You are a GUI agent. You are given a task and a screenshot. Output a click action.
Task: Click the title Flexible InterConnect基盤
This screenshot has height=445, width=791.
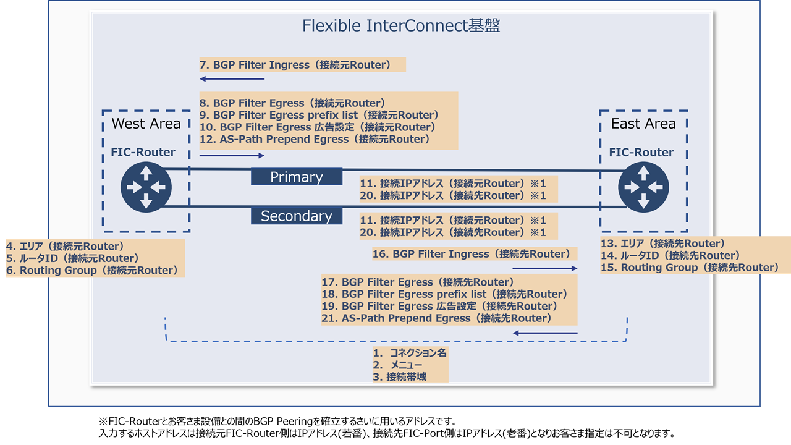pos(400,26)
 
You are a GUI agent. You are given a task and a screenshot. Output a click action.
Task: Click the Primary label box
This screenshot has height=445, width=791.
pos(297,177)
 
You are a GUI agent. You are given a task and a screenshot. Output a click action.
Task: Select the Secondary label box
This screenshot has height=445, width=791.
pos(297,216)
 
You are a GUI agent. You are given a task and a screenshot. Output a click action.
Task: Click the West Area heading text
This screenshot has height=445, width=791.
pos(146,124)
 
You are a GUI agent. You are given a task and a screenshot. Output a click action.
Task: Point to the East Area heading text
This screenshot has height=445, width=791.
pos(643,124)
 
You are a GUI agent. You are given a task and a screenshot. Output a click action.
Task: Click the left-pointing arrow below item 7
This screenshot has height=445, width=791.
pos(232,78)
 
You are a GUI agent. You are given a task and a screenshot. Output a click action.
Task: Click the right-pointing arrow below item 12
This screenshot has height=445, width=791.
pos(232,155)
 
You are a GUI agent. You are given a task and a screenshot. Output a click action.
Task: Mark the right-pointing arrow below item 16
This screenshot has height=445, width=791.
pos(544,268)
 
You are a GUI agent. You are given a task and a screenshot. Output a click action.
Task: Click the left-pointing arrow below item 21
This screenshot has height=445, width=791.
pos(544,333)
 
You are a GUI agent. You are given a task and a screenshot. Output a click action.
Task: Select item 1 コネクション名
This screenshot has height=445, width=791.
pos(410,353)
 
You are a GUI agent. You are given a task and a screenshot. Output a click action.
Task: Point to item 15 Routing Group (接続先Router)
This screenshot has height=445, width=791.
pos(690,268)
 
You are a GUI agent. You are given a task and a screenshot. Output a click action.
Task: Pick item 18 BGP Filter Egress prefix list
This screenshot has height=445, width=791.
pos(444,294)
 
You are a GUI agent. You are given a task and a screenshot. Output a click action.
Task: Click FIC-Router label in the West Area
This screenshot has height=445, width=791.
pos(143,152)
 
